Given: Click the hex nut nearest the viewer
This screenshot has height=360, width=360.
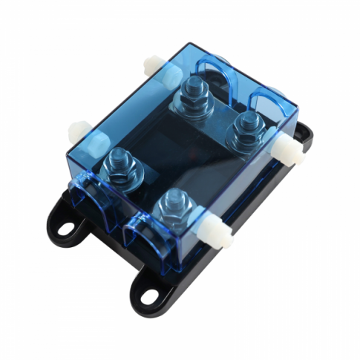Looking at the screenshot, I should pos(172,202).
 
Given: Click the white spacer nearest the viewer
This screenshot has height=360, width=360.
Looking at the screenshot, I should pos(217,237).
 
